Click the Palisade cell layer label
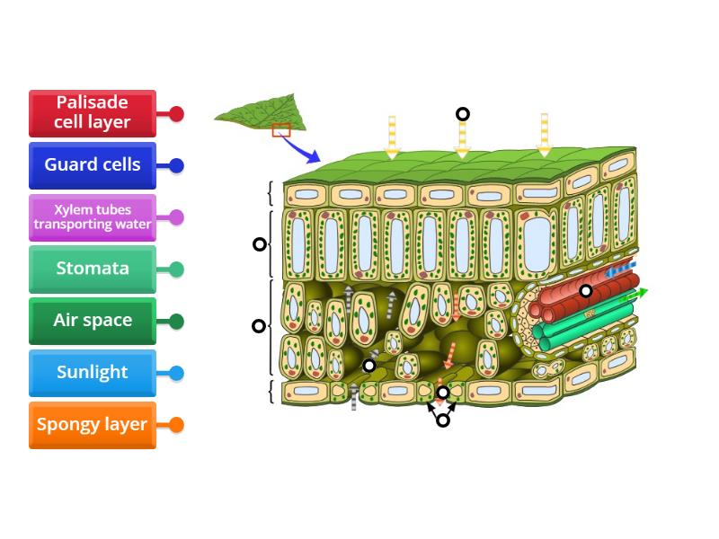92,113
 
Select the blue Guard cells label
92,165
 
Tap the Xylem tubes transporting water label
92,217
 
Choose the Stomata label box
92,269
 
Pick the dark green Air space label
92,321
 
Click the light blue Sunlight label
92,373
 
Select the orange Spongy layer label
92,425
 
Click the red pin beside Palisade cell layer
176,114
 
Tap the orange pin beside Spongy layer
176,425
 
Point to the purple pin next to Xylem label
176,217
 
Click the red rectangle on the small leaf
281,130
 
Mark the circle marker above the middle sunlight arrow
463,114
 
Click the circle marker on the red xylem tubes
586,290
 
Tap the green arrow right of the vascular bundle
636,294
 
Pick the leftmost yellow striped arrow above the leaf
392,137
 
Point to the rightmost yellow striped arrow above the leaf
544,135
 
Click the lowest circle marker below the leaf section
442,420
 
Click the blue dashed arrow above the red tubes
620,270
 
